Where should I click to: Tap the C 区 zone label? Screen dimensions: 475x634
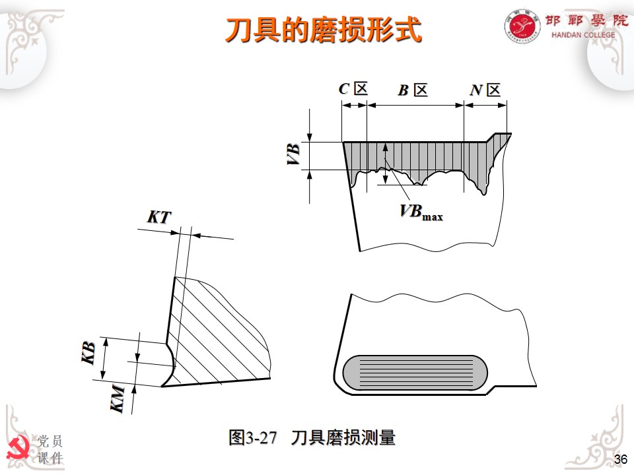point(353,89)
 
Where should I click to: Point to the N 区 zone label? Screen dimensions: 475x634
point(485,90)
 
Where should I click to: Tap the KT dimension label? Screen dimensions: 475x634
point(158,217)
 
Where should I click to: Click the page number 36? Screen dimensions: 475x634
point(620,460)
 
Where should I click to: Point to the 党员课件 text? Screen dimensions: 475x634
point(50,449)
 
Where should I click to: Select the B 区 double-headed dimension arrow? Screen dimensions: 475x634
point(415,104)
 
